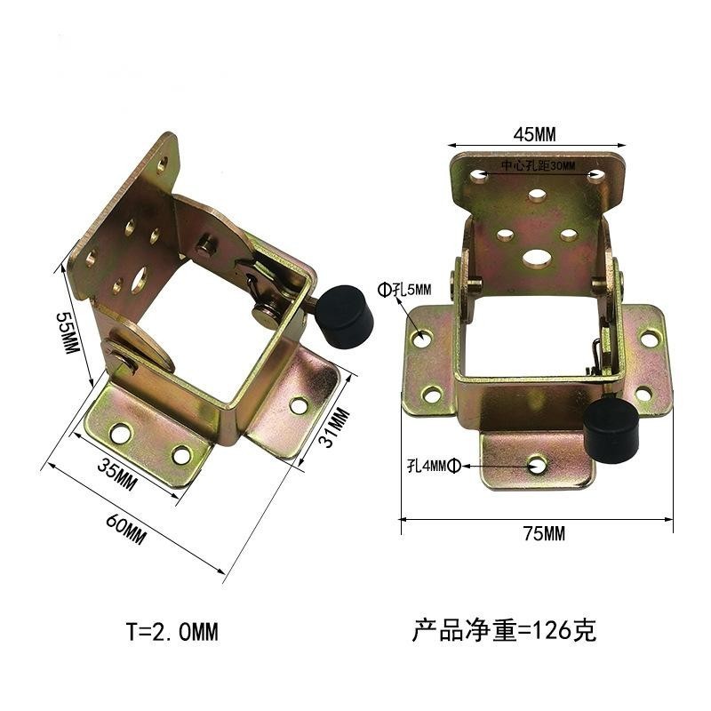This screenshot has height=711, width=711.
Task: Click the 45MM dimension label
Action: point(535,134)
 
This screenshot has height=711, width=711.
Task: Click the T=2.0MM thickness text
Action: point(172,632)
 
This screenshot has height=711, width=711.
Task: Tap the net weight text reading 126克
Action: point(504,632)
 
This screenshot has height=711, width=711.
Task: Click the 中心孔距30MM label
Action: point(538,167)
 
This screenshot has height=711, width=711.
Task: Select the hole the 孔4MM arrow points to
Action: point(537,464)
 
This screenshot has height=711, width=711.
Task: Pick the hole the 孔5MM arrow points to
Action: point(421,338)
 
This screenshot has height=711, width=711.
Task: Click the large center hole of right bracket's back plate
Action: point(537,258)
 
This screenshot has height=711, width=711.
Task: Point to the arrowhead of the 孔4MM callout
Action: point(528,464)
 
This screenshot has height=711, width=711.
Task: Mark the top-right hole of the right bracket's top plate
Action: point(597,176)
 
